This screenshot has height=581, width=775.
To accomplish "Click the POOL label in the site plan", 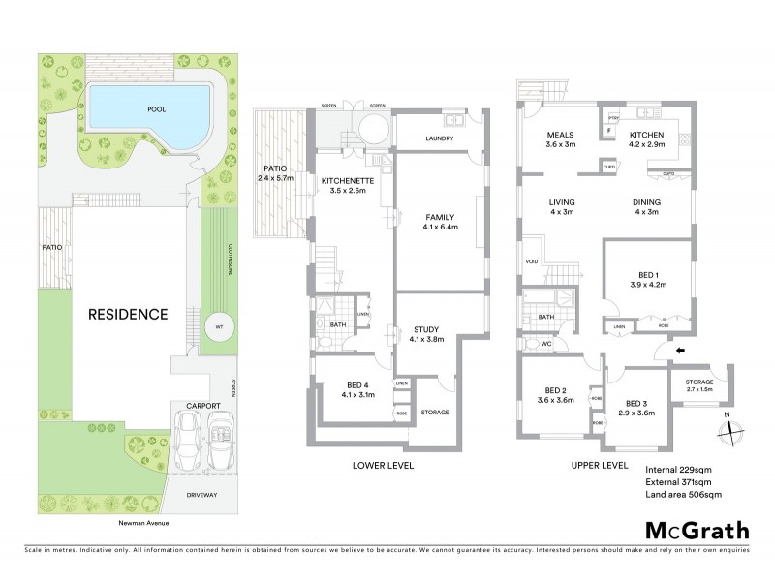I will [156, 109].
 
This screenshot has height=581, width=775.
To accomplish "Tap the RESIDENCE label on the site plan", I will [129, 315].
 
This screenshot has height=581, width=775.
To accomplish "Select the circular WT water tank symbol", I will [219, 326].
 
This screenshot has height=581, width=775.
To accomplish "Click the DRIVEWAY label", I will [201, 494].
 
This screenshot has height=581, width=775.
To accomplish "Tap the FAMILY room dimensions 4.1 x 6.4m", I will [441, 227].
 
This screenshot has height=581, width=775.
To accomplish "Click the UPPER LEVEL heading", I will [601, 465].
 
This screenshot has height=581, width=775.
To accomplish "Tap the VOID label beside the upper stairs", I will [532, 260].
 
